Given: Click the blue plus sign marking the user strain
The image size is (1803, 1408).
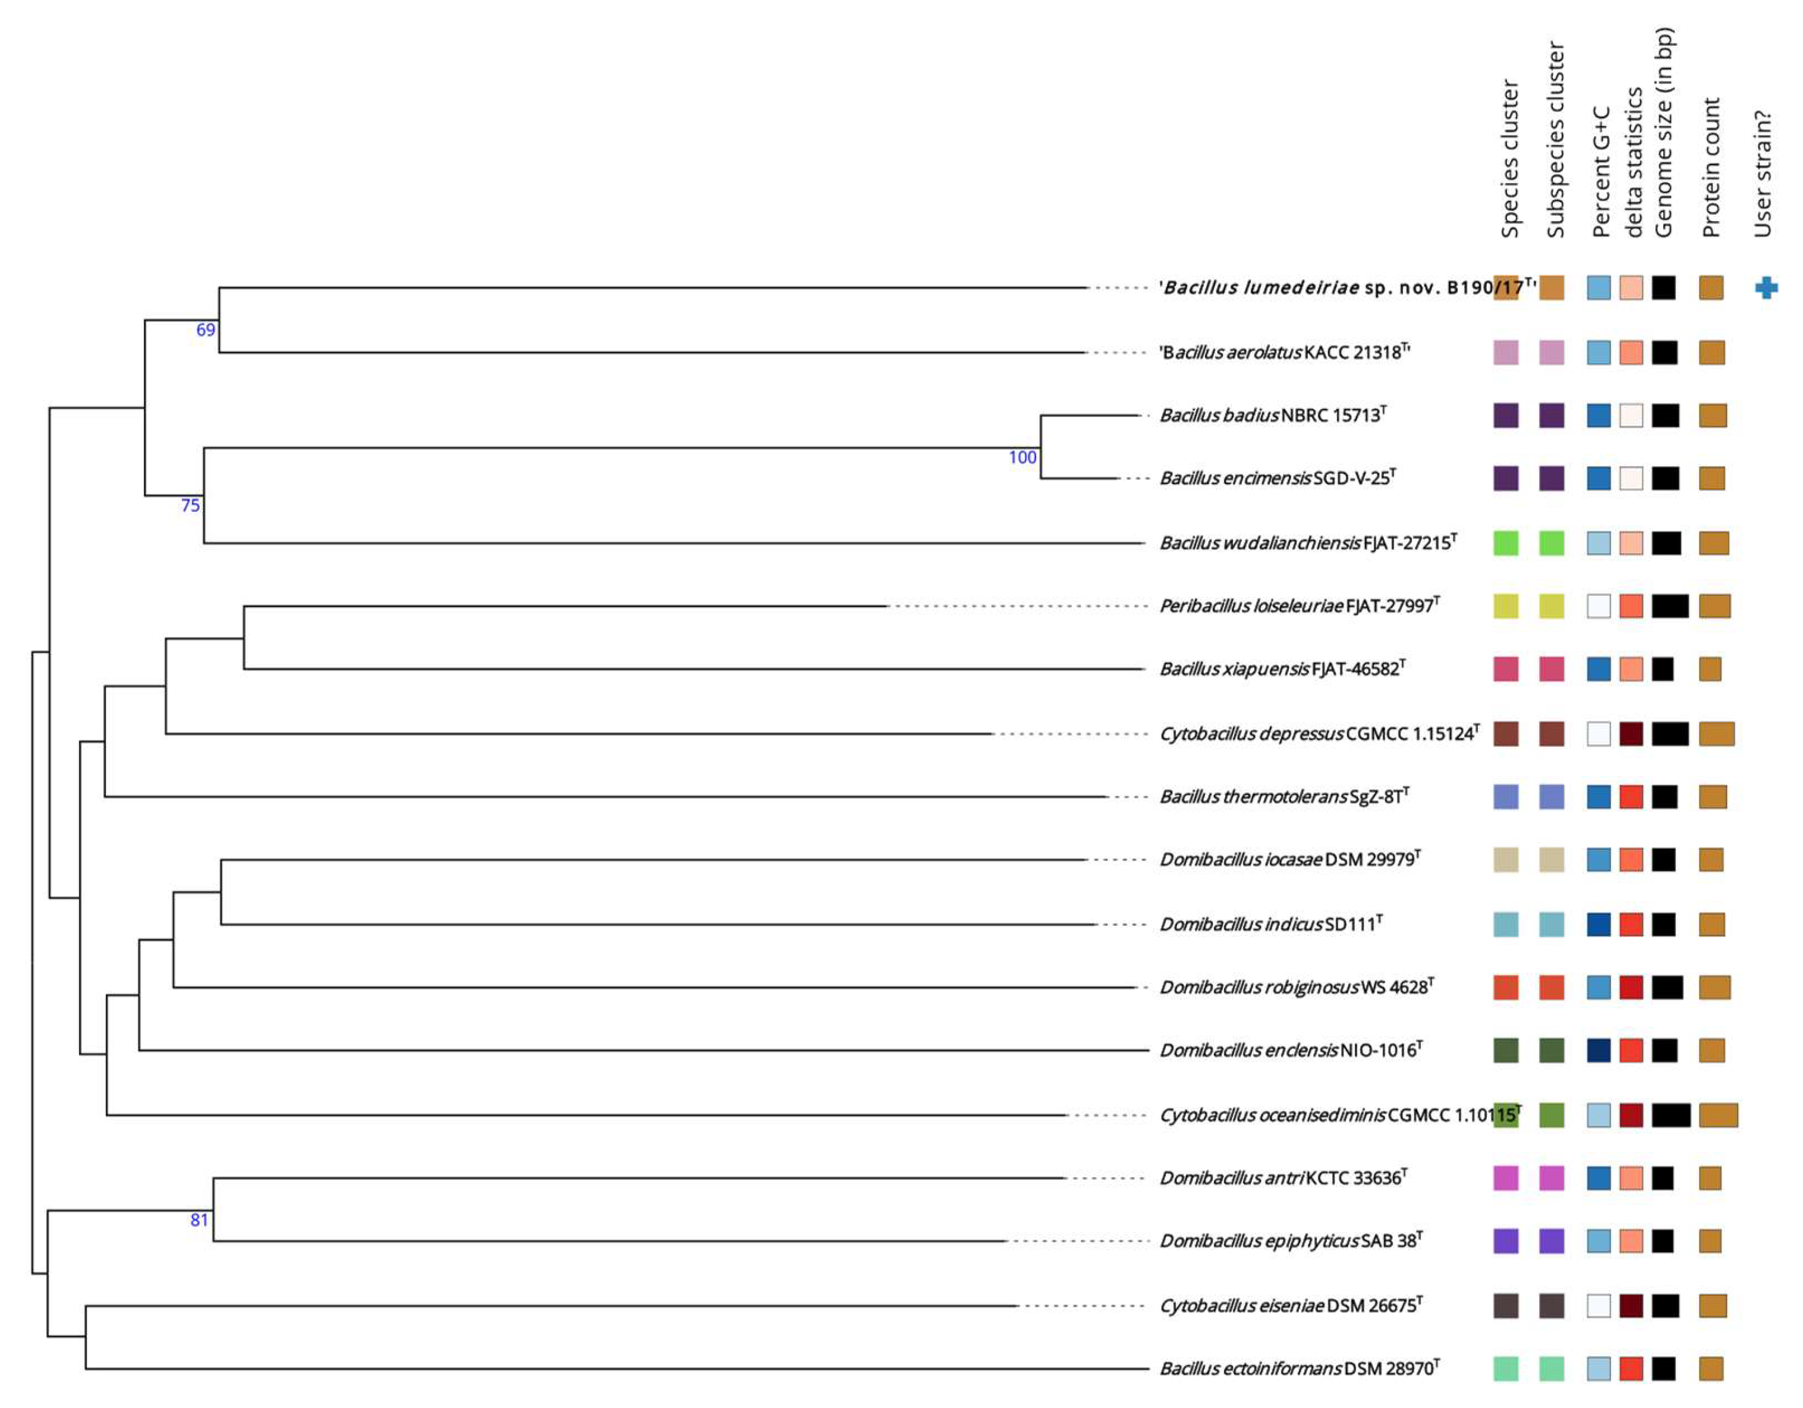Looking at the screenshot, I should tap(1766, 287).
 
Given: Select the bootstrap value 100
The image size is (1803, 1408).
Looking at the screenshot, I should tap(1022, 457).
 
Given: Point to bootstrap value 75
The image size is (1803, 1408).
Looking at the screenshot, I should tap(190, 505).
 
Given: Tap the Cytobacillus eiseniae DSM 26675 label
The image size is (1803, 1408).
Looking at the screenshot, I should tap(1291, 1306).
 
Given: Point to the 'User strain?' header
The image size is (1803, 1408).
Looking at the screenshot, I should tap(1763, 174).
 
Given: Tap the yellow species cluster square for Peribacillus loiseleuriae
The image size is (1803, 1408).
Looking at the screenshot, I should tap(1506, 606).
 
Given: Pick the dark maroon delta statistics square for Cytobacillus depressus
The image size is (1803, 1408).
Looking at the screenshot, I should tap(1631, 733).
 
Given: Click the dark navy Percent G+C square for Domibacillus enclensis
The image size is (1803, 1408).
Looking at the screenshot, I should tap(1599, 1051).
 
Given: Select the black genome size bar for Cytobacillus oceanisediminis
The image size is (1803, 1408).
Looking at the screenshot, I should tap(1671, 1115).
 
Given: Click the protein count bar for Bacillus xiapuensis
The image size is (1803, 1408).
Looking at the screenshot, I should tap(1710, 669).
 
